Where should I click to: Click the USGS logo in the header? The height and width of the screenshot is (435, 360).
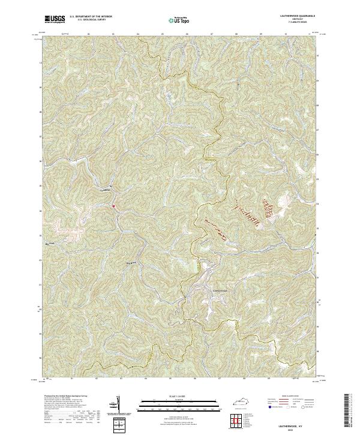click(x=55, y=19)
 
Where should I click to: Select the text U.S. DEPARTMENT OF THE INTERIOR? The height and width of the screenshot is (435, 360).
click(x=91, y=17)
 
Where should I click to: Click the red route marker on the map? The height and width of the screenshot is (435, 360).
click(x=113, y=206)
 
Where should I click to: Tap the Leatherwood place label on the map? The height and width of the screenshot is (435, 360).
click(x=221, y=292)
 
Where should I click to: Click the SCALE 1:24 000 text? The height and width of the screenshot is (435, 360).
click(x=171, y=397)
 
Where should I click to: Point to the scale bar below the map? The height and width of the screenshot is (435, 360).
click(x=171, y=405)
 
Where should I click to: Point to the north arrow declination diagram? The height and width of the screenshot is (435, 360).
click(x=118, y=404)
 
